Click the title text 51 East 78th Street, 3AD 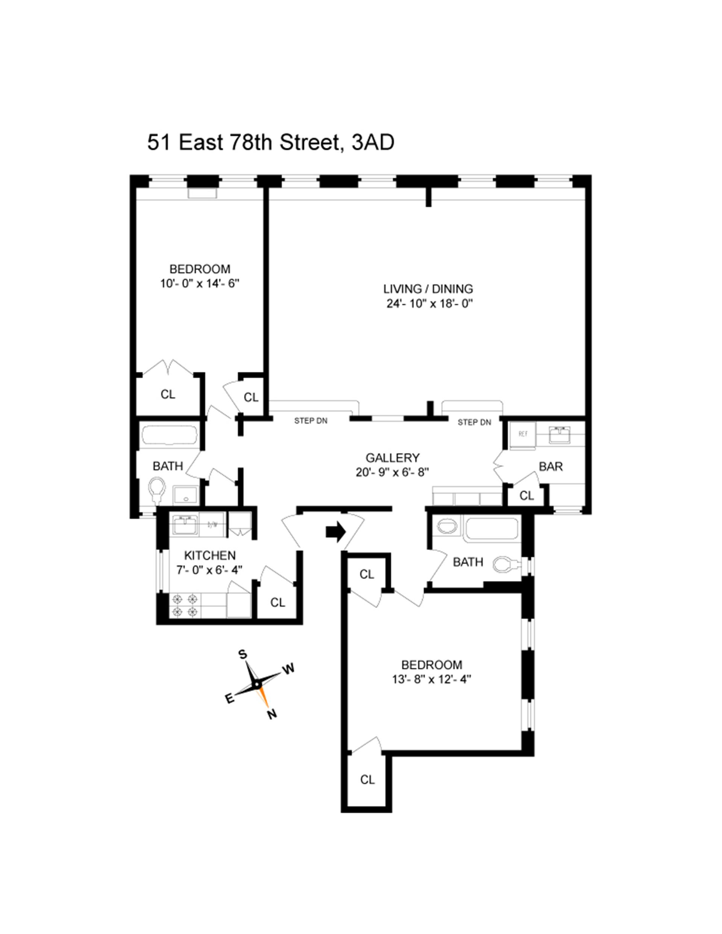(270, 143)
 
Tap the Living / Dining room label (428, 289)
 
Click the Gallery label (392, 458)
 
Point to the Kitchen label (209, 555)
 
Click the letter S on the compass (243, 655)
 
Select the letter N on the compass (272, 714)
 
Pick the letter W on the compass (289, 669)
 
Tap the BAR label (551, 467)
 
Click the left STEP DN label (311, 421)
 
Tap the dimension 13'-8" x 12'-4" (431, 679)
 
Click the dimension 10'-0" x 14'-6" (199, 284)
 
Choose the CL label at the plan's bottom (367, 779)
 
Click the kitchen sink (184, 525)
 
